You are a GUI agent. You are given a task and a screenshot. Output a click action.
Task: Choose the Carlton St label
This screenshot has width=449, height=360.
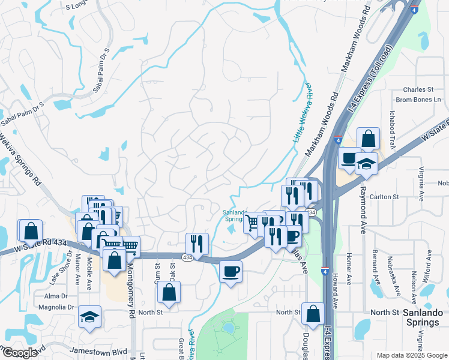pos(387,196)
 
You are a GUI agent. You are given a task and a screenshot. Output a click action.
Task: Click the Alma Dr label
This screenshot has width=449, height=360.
pos(56,296)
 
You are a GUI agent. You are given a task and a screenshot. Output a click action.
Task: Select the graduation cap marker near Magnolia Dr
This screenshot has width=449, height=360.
pos(89,317)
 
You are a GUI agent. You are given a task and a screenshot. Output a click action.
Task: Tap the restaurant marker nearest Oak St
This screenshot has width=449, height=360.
pos(197,244)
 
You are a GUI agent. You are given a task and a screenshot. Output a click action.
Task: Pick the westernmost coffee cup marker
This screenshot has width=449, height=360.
pos(231,272)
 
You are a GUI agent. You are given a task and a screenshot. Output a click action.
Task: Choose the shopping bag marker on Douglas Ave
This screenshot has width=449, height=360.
pos(313,313)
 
